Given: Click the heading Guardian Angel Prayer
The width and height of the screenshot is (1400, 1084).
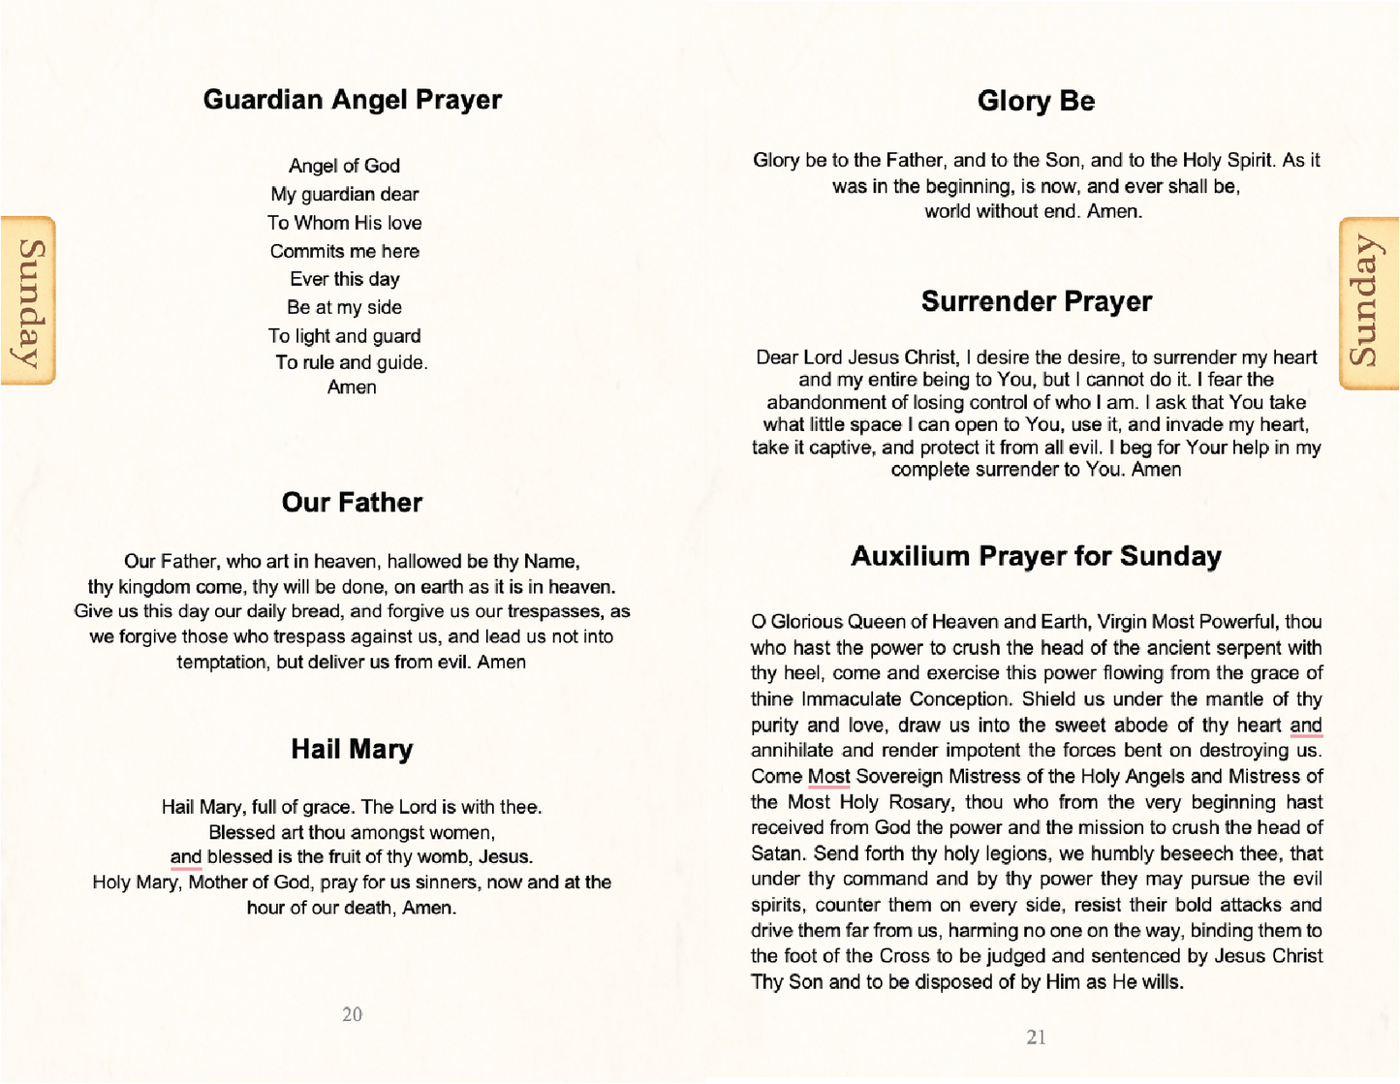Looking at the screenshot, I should tap(352, 100).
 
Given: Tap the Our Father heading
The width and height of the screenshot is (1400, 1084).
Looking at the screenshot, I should tap(352, 502).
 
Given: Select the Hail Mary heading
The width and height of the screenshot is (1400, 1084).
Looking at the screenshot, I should tap(352, 749).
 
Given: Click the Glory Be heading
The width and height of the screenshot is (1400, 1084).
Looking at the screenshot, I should tap(1036, 101).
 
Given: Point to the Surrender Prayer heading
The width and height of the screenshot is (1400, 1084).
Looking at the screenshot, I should tap(1036, 301).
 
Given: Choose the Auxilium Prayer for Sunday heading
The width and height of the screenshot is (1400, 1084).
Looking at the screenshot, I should tap(1036, 556).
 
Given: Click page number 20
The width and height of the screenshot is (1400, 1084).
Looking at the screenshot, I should tap(352, 1014).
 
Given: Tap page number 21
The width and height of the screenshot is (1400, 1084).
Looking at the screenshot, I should tap(1036, 1037).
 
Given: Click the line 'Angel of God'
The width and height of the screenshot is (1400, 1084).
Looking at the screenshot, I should tap(344, 166).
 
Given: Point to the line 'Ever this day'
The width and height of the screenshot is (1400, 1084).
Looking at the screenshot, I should tap(344, 279).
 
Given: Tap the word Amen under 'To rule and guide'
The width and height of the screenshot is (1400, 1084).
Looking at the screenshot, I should tap(352, 387).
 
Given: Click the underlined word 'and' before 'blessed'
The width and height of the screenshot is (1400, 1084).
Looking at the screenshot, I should tap(186, 857).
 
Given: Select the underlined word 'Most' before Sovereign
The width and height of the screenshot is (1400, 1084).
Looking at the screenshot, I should tap(828, 777).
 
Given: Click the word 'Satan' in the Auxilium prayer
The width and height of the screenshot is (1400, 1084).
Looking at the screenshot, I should tap(777, 853).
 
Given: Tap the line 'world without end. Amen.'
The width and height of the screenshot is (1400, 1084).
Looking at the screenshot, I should tap(1033, 211).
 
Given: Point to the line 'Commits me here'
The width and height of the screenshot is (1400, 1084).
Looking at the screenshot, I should tap(344, 251).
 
